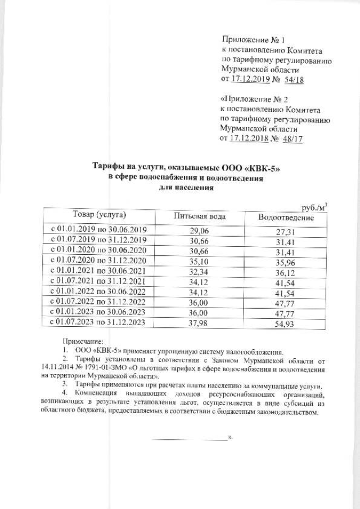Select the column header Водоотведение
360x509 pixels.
(x=286, y=217)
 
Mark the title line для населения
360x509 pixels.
(x=186, y=187)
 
